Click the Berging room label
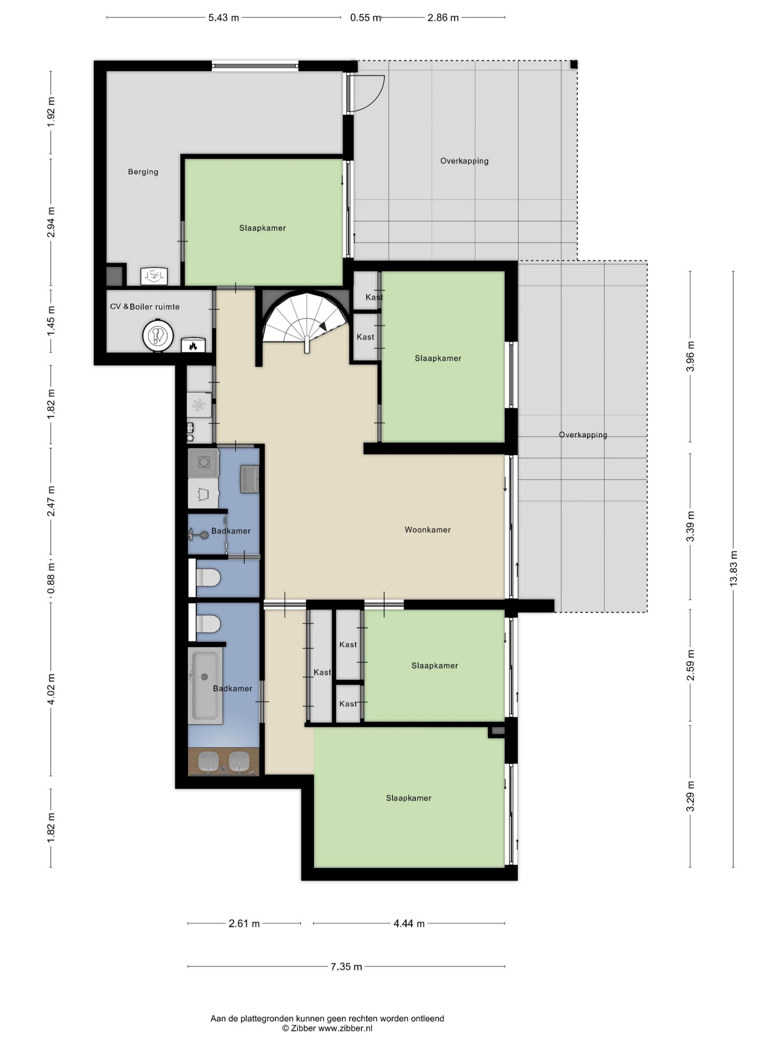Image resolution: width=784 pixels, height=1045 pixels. click(143, 172)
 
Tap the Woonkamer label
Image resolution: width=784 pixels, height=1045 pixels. click(427, 530)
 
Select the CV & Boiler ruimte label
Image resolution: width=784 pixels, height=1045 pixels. click(145, 306)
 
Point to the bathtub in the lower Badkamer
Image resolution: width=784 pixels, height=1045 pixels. click(205, 685)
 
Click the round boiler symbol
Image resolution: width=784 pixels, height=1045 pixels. click(158, 336)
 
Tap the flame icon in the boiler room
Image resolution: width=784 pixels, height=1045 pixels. click(193, 346)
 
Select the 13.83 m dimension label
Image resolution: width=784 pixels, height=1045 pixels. click(733, 569)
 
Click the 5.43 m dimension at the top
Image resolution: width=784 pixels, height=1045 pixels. click(223, 18)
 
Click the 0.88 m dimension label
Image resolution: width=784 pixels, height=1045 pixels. click(51, 578)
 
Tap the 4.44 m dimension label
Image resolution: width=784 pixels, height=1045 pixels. click(409, 924)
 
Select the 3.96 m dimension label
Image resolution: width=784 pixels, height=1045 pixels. click(690, 356)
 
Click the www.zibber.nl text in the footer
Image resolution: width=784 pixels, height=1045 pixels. click(345, 1028)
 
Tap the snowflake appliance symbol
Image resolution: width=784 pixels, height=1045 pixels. click(198, 405)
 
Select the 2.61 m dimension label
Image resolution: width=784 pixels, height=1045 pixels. click(244, 924)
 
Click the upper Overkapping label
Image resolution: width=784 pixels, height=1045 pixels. click(464, 161)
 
